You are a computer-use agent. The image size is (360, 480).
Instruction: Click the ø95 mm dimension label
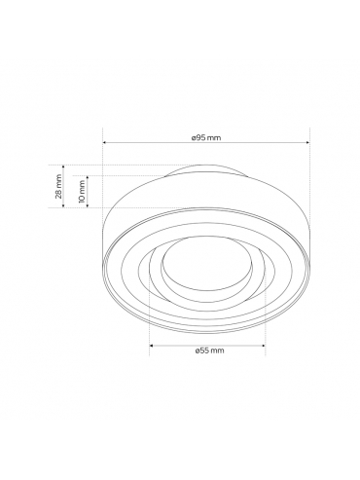[206, 138]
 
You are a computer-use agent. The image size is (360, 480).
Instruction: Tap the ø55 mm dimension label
[209, 351]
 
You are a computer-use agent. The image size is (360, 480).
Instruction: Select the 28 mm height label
[58, 186]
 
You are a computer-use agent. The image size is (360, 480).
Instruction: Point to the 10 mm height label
[82, 192]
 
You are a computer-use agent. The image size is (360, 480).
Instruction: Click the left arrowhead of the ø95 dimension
[104, 142]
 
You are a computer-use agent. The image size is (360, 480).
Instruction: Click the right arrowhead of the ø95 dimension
[307, 142]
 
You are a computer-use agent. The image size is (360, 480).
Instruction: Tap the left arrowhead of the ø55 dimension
[151, 346]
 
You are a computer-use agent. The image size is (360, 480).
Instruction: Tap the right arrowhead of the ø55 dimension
[263, 346]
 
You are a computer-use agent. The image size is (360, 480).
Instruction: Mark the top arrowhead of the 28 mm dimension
[63, 167]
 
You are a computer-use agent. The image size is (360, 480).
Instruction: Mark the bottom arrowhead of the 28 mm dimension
[63, 205]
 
